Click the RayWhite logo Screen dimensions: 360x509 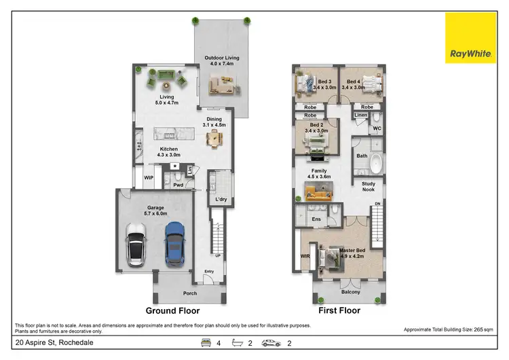pyautogui.click(x=470, y=38)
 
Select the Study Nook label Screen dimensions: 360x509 pyautogui.click(x=369, y=186)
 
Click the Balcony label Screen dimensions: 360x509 pyautogui.click(x=350, y=292)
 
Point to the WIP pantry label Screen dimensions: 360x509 pyautogui.click(x=149, y=178)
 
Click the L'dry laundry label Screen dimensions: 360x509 pyautogui.click(x=221, y=199)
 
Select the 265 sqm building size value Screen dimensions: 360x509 pyautogui.click(x=485, y=329)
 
